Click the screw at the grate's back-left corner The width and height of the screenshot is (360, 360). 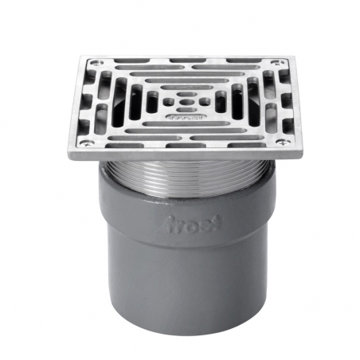point(96,64)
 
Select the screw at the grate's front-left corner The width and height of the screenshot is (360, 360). point(81,143)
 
